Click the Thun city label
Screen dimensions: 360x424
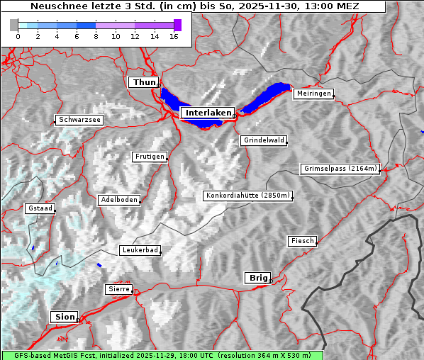(144, 83)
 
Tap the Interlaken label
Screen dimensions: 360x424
(206, 113)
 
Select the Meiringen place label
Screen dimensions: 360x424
(313, 94)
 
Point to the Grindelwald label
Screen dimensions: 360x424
(263, 140)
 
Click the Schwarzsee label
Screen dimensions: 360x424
(79, 120)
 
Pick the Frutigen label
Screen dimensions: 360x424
(149, 157)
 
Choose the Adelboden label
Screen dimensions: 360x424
(118, 200)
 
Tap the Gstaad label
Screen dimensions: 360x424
(39, 209)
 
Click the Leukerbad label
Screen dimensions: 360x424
(140, 250)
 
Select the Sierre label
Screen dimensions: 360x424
(118, 289)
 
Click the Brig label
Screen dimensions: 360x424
(257, 278)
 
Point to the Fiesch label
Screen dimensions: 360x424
(301, 241)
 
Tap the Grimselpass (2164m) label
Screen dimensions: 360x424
(340, 169)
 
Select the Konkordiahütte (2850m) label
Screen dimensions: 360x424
(247, 196)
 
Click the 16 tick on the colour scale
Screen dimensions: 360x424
(174, 36)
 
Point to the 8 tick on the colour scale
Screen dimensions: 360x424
(96, 36)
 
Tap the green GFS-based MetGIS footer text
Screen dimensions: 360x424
(162, 355)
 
